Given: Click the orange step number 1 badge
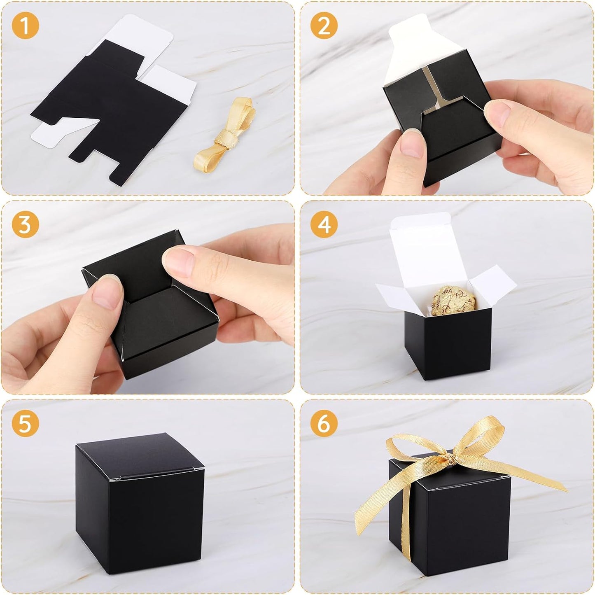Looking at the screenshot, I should tap(25, 26).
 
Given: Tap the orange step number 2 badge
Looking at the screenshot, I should tap(324, 26).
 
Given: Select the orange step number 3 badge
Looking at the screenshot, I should tap(25, 225).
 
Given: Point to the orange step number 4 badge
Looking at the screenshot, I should tap(324, 225).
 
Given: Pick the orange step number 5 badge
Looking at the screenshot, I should tap(25, 424).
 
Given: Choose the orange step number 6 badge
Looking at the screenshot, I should tap(324, 424).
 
